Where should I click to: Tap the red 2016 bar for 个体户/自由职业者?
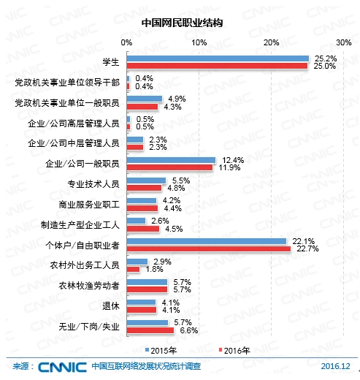pos(209,248)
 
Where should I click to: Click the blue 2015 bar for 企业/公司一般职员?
pos(172,159)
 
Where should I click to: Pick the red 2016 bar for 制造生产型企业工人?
pos(143,228)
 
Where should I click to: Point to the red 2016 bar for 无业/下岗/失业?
pos(151,330)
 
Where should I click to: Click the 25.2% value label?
pos(324,57)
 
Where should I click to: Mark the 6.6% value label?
pos(189,330)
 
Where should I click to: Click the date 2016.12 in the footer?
pos(335,367)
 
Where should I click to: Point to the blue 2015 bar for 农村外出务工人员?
pos(137,261)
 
